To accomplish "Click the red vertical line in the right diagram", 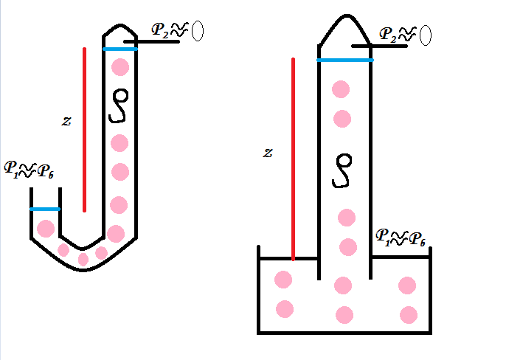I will (x=294, y=159).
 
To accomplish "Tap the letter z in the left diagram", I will (x=66, y=121).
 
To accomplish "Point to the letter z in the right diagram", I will (x=268, y=153).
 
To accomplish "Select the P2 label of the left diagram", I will (x=160, y=30).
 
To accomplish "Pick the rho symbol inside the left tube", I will (x=119, y=105).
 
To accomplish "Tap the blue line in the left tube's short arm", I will (x=45, y=209).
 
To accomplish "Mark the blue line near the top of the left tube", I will (x=120, y=49).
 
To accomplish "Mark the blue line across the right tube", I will (x=345, y=60).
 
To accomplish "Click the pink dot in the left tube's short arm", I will (x=46, y=228).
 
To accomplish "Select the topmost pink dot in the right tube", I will (x=341, y=90).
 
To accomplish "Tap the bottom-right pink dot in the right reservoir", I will (x=409, y=315).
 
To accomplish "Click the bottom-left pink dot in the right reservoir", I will (x=284, y=308).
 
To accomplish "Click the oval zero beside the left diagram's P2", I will (x=198, y=31).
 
